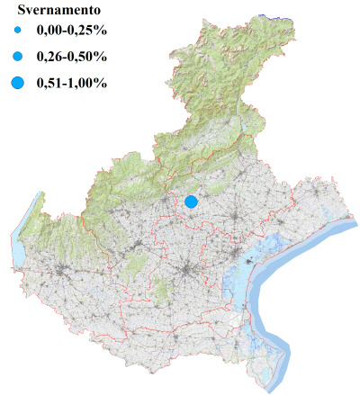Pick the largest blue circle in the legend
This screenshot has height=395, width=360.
pos(18,84)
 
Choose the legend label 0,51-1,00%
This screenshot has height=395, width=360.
pos(71,84)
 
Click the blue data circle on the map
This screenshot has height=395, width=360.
pos(191,202)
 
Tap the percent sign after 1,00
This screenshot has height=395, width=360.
pos(102,84)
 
